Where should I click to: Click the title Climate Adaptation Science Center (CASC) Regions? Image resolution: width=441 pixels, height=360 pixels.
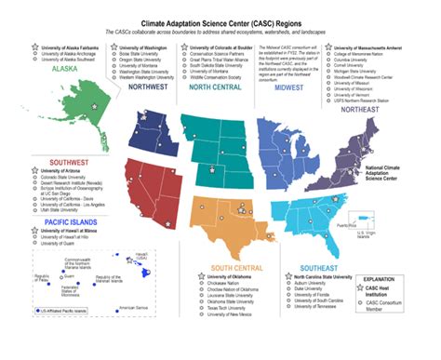(x=220, y=19)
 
